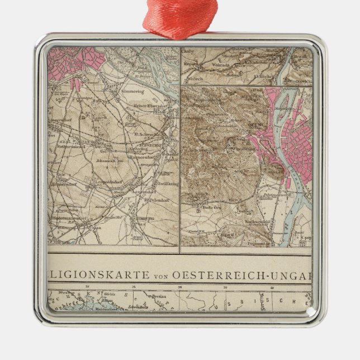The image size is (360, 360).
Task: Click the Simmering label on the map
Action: click(x=132, y=91)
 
